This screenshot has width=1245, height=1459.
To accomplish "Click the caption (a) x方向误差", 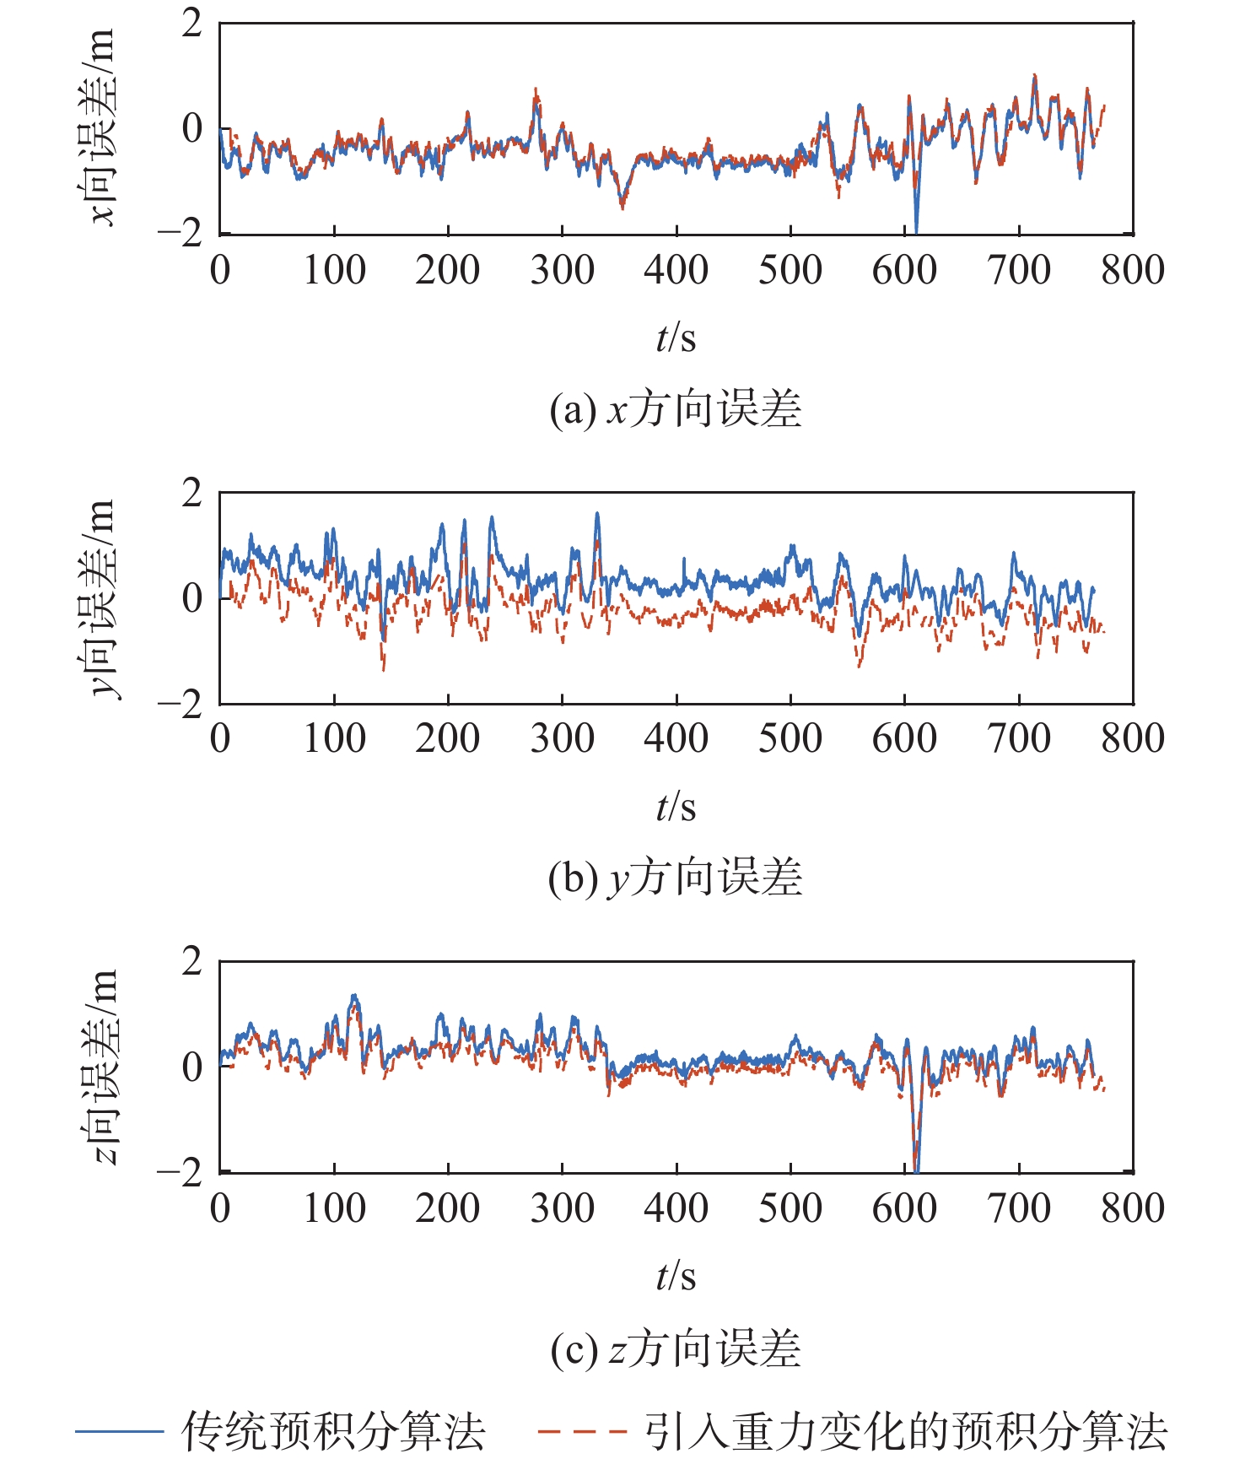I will (675, 410).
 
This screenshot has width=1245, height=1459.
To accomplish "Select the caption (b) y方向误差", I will (675, 878).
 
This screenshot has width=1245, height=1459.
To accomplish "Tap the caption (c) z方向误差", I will (675, 1348).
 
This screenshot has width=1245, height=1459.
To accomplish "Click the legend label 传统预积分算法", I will (334, 1430).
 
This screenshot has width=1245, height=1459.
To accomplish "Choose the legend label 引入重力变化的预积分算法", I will (906, 1430).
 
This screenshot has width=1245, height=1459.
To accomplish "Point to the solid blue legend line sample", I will (119, 1431).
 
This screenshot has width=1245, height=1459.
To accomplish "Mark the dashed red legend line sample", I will (582, 1431).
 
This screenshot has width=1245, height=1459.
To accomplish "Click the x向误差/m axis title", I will (101, 127).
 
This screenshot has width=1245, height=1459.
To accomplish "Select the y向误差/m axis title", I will (101, 597).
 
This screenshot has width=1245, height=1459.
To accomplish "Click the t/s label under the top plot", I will (676, 338).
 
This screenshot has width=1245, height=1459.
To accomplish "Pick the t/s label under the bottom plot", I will (676, 1276).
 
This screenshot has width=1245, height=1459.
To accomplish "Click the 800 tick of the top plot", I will (1133, 270).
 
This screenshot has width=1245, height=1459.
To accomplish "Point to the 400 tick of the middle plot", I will (676, 738).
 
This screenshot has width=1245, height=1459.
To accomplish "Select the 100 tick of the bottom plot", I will (334, 1208).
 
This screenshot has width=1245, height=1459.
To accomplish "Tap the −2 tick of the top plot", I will (180, 233).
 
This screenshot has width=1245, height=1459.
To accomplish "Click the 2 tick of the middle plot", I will (192, 493).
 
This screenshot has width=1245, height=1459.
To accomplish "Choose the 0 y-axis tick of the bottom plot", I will (192, 1067).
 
